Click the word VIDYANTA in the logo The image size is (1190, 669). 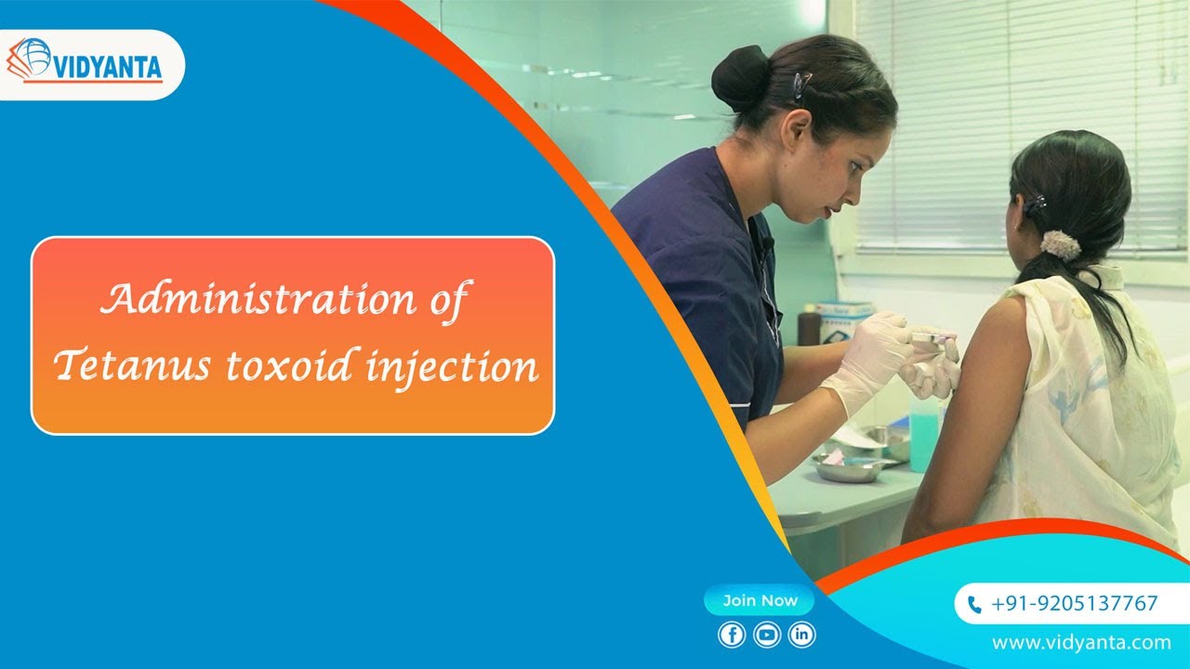click(x=108, y=67)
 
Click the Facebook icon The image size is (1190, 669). click(x=732, y=635)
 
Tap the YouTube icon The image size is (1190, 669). click(x=767, y=635)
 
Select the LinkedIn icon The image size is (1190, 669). click(x=801, y=635)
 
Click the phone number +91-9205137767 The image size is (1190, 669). click(x=1074, y=603)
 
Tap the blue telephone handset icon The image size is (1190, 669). click(x=974, y=604)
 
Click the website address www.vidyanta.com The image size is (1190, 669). click(x=1081, y=642)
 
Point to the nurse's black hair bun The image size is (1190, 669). click(x=740, y=79)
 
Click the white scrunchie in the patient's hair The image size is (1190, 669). click(x=1060, y=244)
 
